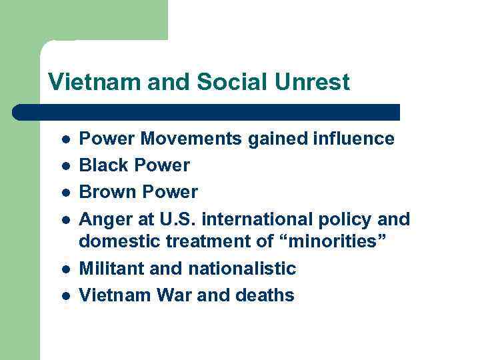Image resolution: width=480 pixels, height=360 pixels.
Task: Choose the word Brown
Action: coord(106,192)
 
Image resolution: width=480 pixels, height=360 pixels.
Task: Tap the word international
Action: coord(258,219)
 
